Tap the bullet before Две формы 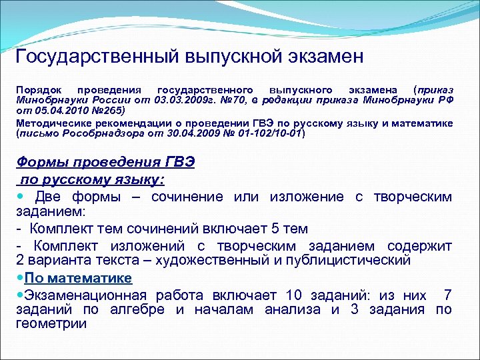[20, 197]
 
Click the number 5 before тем [268, 229]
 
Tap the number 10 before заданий [294, 295]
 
